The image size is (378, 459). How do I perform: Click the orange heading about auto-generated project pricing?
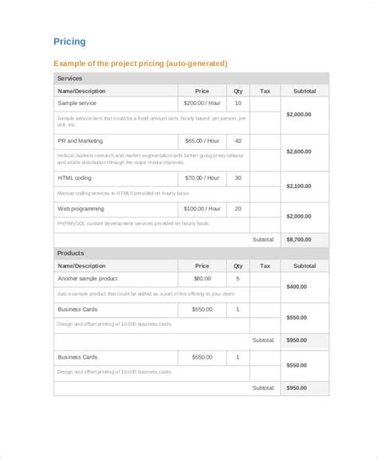[x=140, y=63]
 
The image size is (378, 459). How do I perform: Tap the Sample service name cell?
[x=77, y=104]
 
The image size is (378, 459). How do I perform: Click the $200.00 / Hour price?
[x=202, y=104]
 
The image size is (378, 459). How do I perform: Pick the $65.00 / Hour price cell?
[x=202, y=140]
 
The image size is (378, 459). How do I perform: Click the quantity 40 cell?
[x=238, y=140]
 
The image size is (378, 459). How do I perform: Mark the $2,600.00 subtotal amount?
[x=299, y=151]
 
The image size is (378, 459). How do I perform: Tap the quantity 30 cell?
[x=238, y=177]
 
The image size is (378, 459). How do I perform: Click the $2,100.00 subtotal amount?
[x=299, y=186]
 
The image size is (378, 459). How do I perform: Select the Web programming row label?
[x=81, y=208]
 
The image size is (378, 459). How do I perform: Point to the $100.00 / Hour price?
[x=202, y=208]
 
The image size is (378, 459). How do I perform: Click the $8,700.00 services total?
[x=299, y=238]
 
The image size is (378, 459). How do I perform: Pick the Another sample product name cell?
[x=88, y=279]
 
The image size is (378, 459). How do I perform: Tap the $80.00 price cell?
[x=202, y=279]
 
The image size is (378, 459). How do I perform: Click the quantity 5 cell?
[x=238, y=279]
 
